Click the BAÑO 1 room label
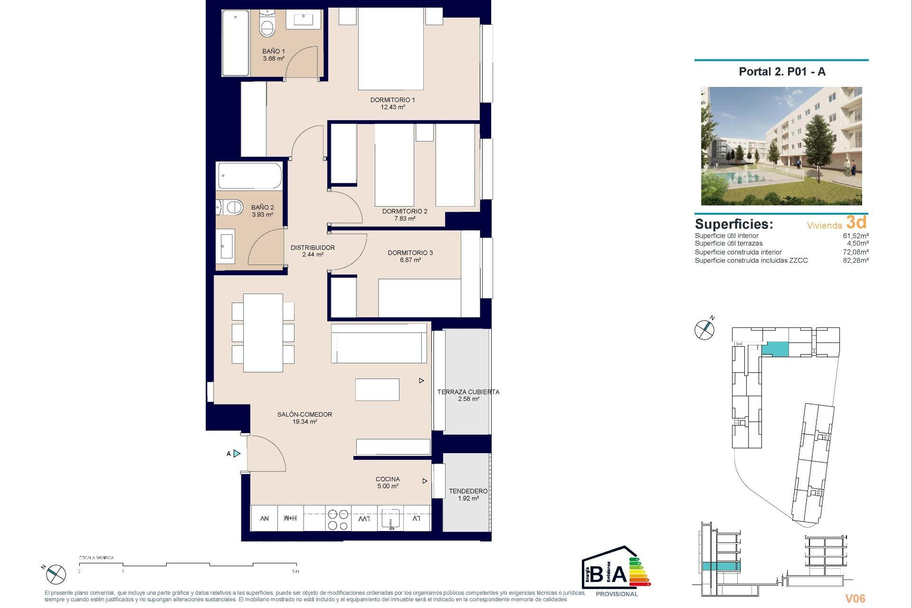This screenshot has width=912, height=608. (274, 55)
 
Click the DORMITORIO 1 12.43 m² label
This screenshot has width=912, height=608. (392, 103)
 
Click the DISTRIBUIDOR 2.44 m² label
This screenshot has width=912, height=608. (313, 251)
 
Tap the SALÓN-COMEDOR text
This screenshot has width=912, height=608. (304, 414)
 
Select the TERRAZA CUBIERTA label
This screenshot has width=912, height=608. (468, 392)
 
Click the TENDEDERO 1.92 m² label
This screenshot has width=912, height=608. (468, 494)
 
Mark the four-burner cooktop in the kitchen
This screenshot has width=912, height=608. (338, 520)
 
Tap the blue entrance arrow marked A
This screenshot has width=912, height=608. (237, 454)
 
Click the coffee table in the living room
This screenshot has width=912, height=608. (377, 389)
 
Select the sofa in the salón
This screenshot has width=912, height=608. (379, 343)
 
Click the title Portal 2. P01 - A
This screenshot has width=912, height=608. (782, 72)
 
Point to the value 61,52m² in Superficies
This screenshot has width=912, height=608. (855, 236)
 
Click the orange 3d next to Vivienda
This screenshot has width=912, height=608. (856, 222)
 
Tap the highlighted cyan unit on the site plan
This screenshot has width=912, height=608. (775, 350)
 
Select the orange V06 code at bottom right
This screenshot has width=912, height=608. (855, 598)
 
